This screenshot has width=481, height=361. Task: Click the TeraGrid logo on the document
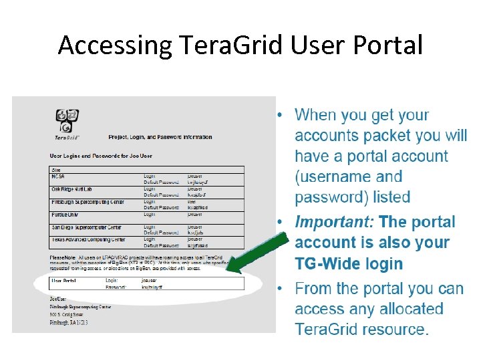coord(67,124)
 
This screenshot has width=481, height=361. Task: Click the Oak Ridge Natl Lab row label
coord(73,189)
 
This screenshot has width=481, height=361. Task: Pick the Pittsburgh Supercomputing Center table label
coord(88,202)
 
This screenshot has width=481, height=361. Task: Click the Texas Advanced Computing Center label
coord(88,239)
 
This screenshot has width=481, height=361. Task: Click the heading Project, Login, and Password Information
coord(160,137)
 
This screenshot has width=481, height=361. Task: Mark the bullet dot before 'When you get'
coord(285,115)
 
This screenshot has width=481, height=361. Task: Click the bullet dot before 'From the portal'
coord(285,288)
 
